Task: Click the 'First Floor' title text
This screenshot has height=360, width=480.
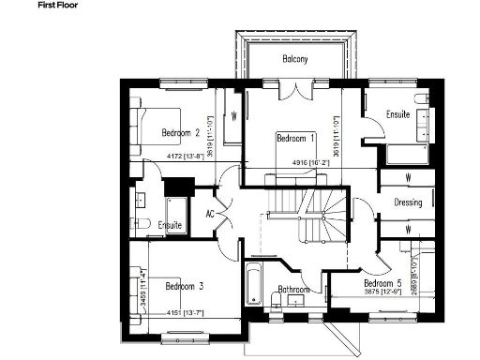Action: coord(31,6)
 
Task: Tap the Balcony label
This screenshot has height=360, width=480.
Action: coord(296,60)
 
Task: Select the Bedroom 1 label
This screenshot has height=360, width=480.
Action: coord(296,139)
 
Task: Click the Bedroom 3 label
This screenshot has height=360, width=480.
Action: coord(185,285)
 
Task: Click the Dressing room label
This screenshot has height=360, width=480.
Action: coord(408,202)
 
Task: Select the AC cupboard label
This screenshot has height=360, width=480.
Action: coord(211,213)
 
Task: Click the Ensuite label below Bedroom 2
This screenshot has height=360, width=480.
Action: coord(170,226)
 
